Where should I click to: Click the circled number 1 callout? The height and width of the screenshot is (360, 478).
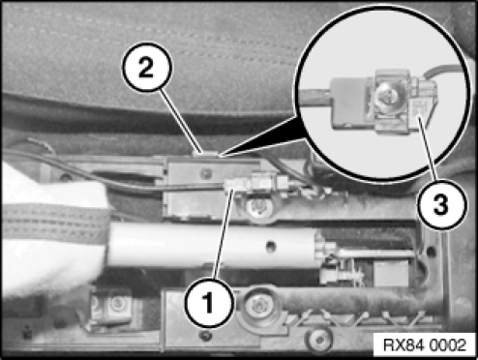pyautogui.click(x=209, y=303)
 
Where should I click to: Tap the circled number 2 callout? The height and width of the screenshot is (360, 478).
pyautogui.click(x=147, y=68)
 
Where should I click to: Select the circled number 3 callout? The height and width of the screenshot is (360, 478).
pyautogui.click(x=441, y=204)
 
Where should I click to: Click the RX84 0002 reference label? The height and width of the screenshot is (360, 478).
pyautogui.click(x=425, y=345)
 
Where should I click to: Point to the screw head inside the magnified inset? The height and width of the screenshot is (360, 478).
pyautogui.click(x=388, y=96)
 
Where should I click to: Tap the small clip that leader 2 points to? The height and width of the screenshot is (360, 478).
pyautogui.click(x=204, y=154)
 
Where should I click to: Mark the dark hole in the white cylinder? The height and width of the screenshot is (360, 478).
pyautogui.click(x=271, y=247)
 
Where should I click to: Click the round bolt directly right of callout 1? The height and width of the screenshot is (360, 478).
pyautogui.click(x=258, y=305)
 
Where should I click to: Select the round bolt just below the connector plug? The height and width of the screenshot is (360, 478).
pyautogui.click(x=259, y=206)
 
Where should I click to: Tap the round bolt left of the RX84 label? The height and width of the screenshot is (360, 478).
pyautogui.click(x=319, y=340)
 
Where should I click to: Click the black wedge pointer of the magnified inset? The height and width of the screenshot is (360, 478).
pyautogui.click(x=264, y=138)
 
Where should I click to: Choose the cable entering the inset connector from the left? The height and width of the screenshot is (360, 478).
pyautogui.click(x=314, y=97)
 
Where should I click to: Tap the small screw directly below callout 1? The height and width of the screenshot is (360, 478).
pyautogui.click(x=206, y=336)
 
